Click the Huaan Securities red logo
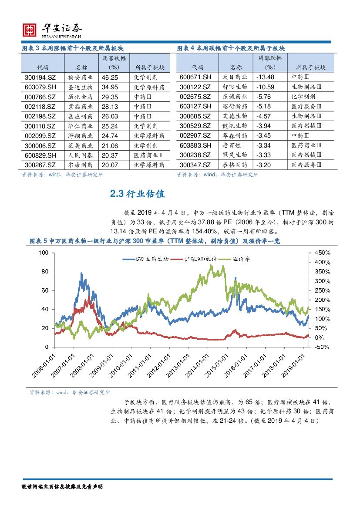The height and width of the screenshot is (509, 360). tap(29, 30)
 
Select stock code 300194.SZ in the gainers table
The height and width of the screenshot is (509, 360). tap(39, 77)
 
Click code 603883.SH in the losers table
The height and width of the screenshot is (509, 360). tap(195, 145)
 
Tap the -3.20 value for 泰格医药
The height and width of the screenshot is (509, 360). tap(263, 165)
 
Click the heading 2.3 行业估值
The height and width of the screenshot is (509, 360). tap(138, 194)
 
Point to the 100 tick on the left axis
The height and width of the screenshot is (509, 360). tap(45, 253)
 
